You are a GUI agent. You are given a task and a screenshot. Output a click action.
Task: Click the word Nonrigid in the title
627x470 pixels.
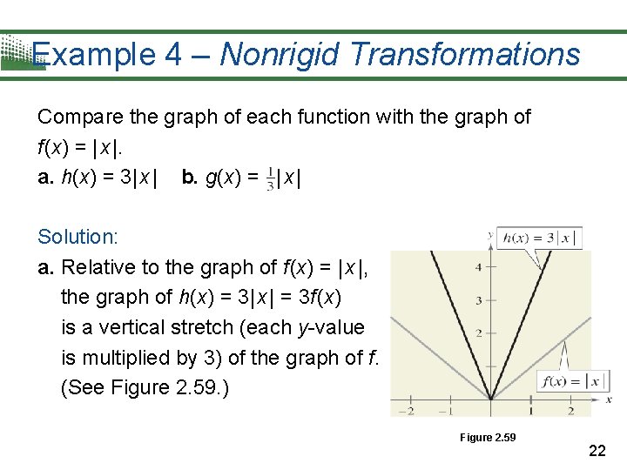point(278,55)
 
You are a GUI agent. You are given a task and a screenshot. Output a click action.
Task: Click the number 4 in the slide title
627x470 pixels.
point(172,55)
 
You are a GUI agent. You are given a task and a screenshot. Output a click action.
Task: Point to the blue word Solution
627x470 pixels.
point(78,237)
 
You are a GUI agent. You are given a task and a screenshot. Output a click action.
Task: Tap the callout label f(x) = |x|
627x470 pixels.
point(572,381)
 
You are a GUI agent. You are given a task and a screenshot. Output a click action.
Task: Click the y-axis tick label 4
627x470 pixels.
point(478,267)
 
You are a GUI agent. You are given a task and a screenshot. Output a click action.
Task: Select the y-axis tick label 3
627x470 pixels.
point(478,301)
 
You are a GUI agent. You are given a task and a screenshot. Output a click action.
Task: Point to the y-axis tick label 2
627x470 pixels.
point(478,333)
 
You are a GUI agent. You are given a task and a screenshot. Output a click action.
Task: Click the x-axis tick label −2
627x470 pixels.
point(406,411)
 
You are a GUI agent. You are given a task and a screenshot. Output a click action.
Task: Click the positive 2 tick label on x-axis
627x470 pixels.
point(570,411)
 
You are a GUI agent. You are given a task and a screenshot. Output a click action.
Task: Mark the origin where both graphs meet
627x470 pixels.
point(490,399)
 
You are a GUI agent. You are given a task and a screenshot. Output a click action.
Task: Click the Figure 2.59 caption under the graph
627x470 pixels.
point(488,437)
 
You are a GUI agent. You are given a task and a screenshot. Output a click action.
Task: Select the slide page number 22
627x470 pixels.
point(597,450)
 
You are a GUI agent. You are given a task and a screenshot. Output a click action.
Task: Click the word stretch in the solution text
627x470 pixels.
point(228,327)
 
